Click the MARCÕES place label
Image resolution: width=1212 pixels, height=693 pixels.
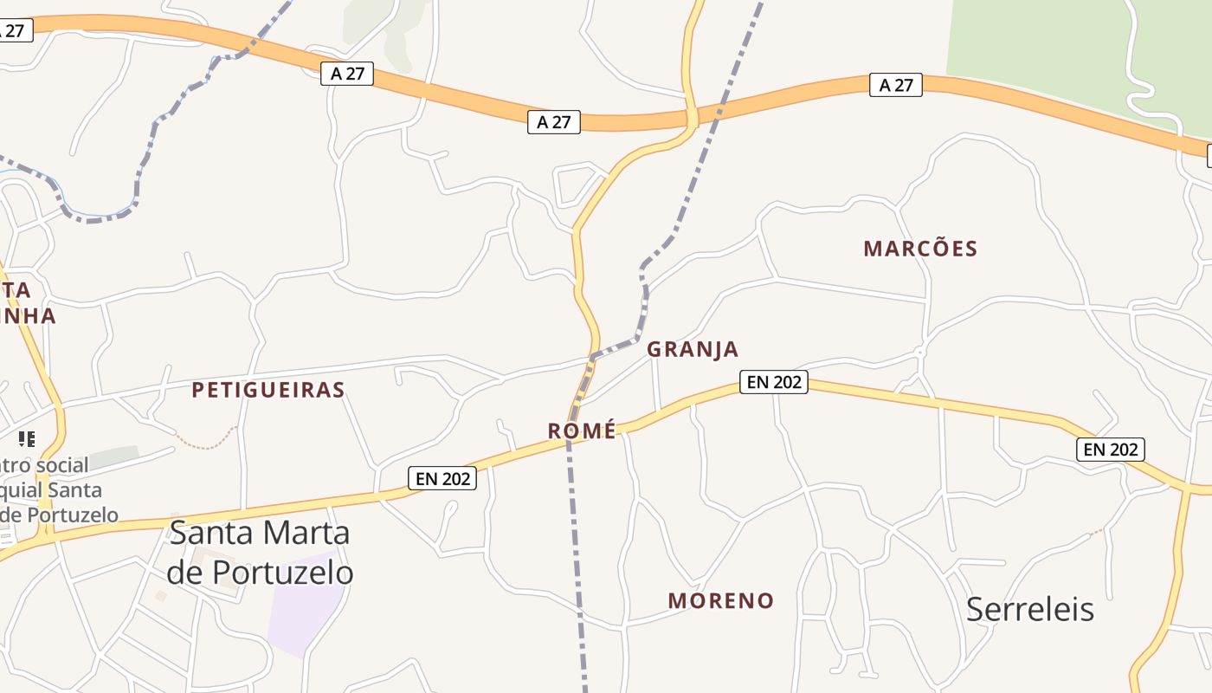coord(920,249)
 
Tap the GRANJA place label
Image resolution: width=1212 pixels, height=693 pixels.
coord(693,349)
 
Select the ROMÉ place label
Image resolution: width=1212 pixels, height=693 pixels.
coord(582,431)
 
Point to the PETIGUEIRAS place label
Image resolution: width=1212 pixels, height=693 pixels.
coord(268,390)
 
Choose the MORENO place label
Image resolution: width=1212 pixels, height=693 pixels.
coord(720,600)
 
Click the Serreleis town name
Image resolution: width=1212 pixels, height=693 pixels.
coord(1029,609)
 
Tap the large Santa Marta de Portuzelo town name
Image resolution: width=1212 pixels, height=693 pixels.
coord(260,552)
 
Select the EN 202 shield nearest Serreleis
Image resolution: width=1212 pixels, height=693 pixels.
coord(1111,450)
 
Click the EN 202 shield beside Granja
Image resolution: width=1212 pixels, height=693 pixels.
coord(774,381)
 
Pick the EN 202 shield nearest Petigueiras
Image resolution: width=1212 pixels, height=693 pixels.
coord(442,477)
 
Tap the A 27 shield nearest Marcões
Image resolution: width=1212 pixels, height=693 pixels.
coord(896,85)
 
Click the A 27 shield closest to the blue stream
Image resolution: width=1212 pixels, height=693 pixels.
coord(347,74)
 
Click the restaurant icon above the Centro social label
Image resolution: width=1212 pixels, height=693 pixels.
coord(27,439)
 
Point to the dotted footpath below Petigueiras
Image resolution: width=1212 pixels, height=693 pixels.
coord(208,444)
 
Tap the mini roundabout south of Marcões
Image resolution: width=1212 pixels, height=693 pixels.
coord(919,353)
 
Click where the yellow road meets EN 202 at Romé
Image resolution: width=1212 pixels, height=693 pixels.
coord(570,438)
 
